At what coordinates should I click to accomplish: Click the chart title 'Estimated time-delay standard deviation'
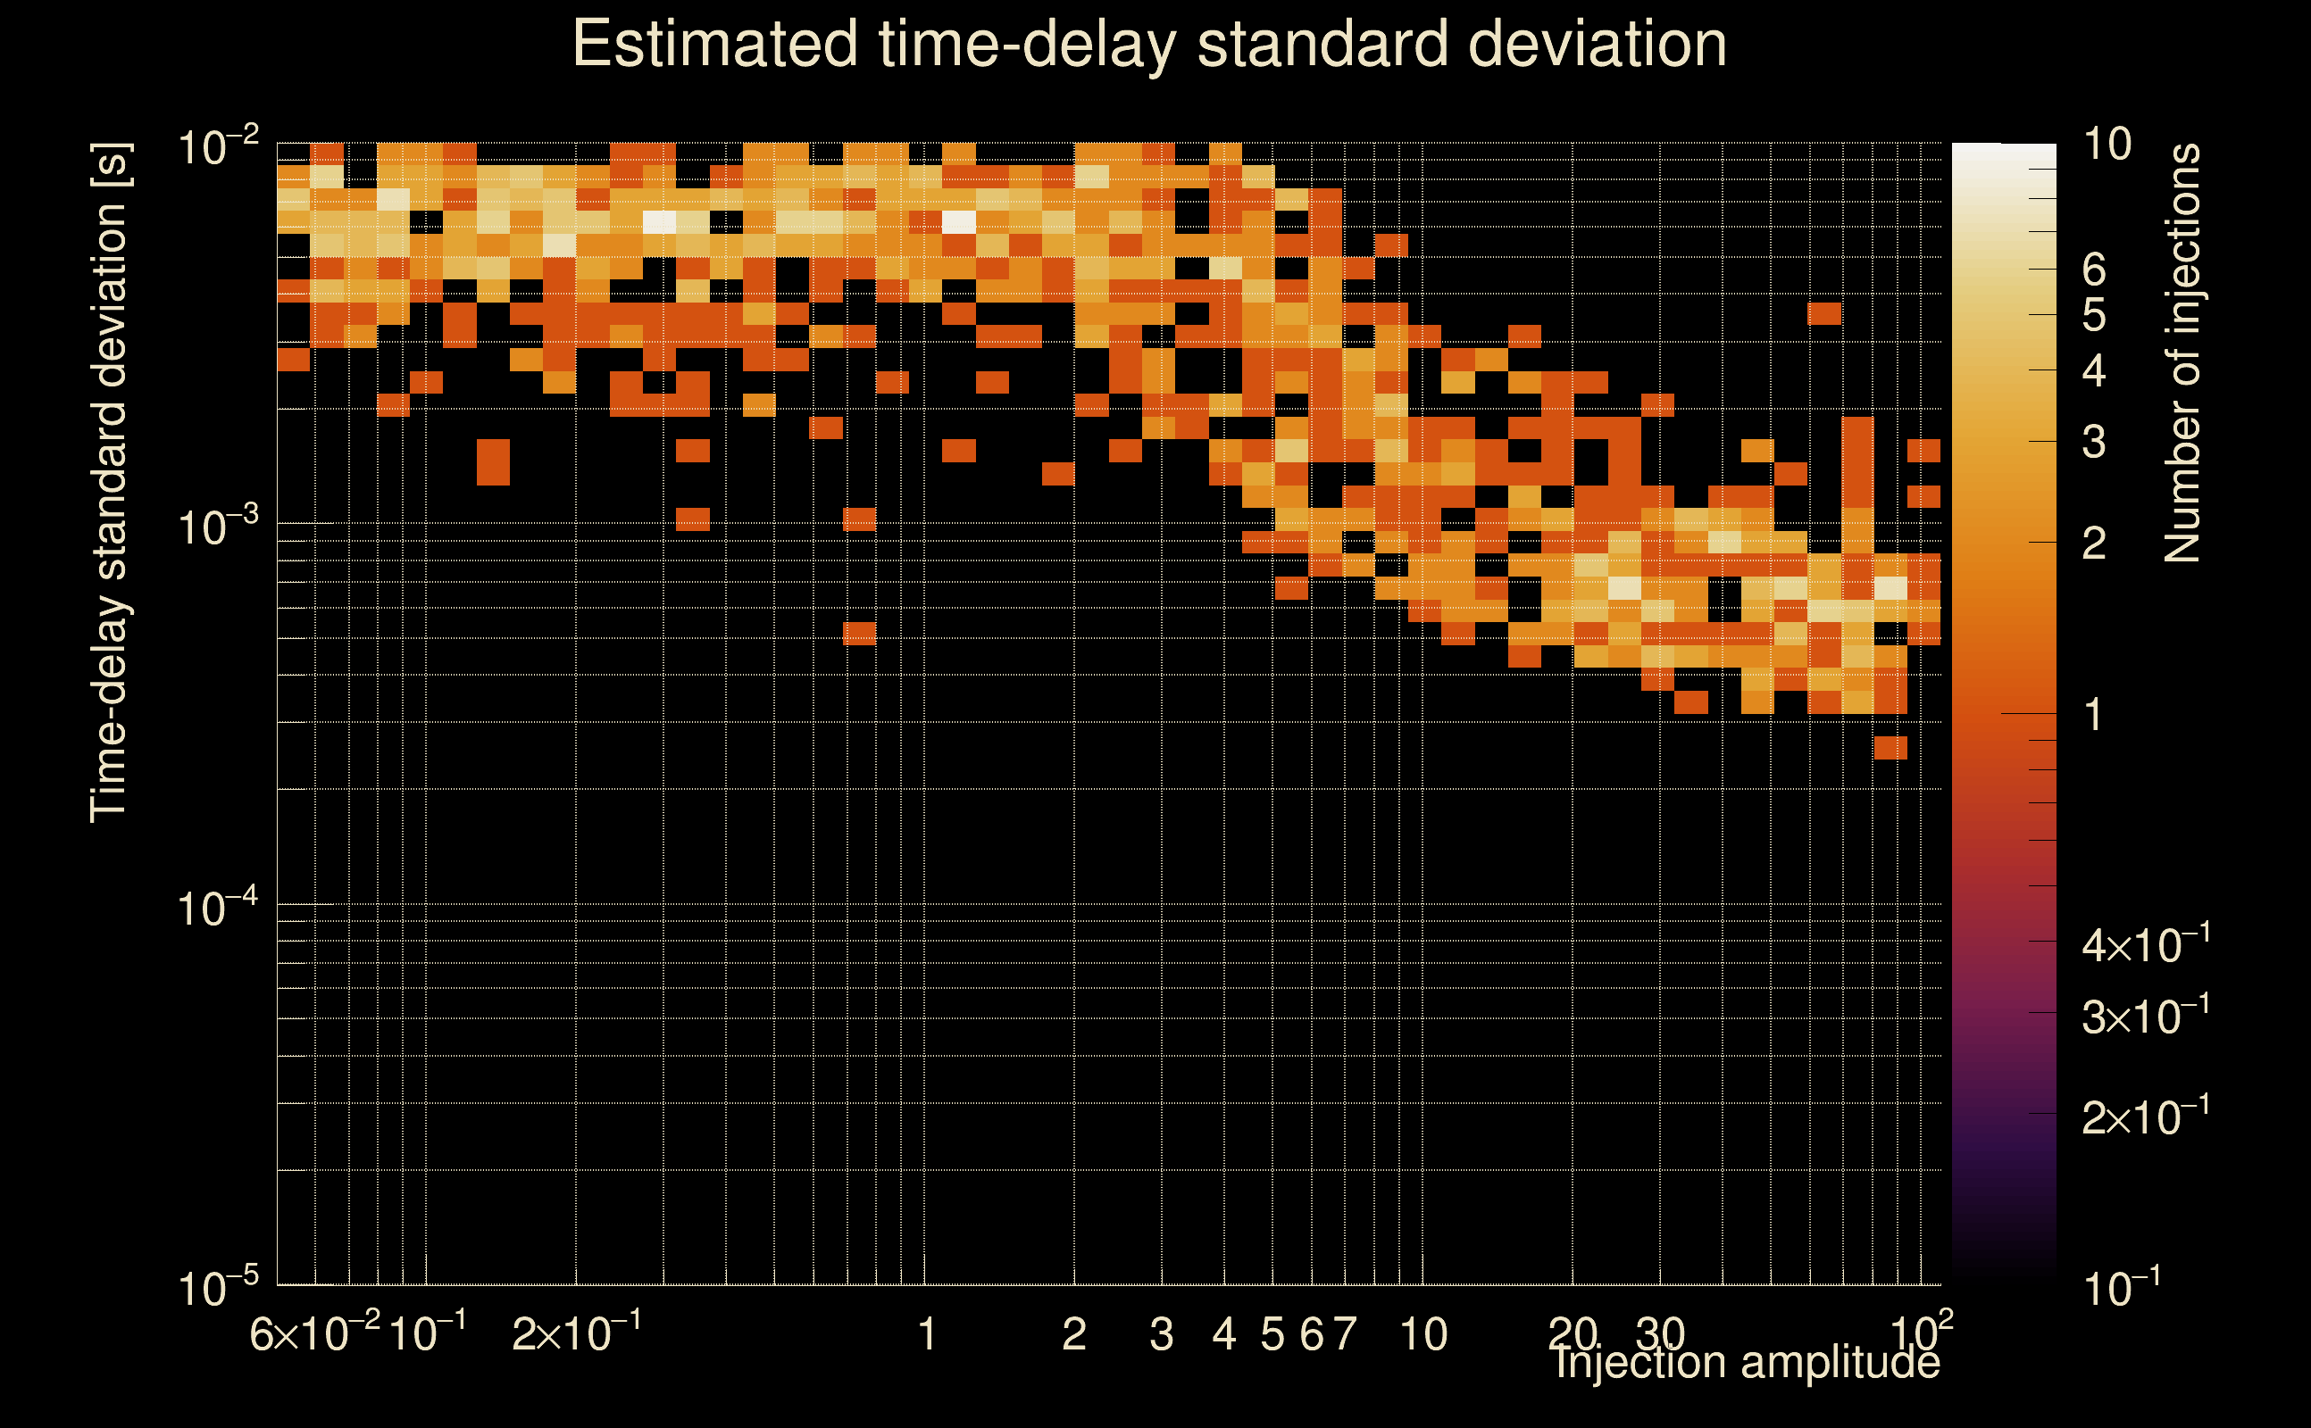pos(1149,45)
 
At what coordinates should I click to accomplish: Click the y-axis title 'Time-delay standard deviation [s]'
pos(110,483)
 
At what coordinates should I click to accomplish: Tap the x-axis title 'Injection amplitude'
pos(1747,1362)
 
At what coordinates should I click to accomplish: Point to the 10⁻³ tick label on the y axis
pos(217,524)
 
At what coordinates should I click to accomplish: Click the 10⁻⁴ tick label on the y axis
pos(217,906)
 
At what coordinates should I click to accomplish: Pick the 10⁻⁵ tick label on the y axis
pos(217,1286)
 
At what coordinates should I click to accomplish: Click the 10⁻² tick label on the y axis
pos(217,146)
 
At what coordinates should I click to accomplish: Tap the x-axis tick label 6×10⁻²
pos(314,1333)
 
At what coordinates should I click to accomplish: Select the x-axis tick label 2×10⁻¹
pos(576,1333)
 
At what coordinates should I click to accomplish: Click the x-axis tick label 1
pos(927,1334)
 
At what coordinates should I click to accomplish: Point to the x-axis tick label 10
pos(1422,1334)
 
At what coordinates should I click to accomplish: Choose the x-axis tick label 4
pos(1224,1334)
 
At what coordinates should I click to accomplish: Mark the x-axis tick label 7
pos(1345,1334)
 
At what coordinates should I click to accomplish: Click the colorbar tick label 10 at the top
pos(2107,145)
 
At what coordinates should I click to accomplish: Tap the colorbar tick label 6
pos(2094,270)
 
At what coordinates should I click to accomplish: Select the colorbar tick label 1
pos(2094,715)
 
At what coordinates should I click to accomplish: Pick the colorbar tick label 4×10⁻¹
pos(2145,943)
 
